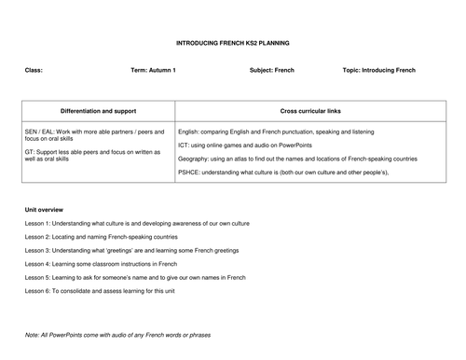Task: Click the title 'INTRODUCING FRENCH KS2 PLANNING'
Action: pyautogui.click(x=233, y=43)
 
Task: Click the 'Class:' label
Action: pyautogui.click(x=34, y=70)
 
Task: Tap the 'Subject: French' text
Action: pyautogui.click(x=272, y=70)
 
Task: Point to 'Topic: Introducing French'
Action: pyautogui.click(x=379, y=70)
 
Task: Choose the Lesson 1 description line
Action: pyautogui.click(x=137, y=223)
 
